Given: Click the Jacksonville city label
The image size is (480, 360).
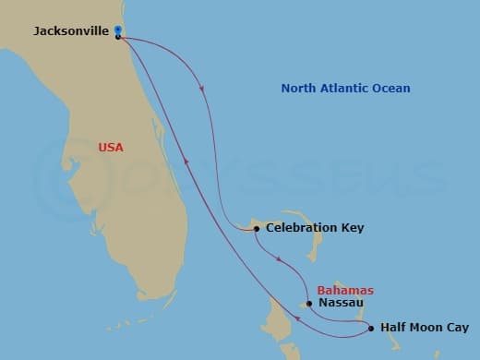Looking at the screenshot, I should coord(70,31).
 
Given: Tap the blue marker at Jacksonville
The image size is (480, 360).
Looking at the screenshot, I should coord(118,30).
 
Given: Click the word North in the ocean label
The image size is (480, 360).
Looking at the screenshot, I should coord(299,89).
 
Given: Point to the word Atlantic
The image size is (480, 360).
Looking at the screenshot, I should coord(348,89).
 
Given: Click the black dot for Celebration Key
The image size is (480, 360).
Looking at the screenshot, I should coord(256,228).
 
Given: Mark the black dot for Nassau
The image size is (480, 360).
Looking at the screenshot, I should coord(309,303).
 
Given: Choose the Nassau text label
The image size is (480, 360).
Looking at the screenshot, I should coord(340,302).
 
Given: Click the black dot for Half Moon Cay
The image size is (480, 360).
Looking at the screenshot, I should coord(371,328).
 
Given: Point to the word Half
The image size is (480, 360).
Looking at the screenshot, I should coord(393,328).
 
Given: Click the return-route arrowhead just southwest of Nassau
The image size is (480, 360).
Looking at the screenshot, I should coord(298,321).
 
